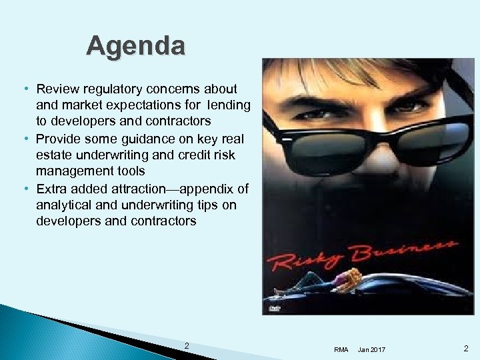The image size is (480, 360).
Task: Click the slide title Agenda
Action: tap(136, 46)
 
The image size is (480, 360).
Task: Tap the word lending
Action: tap(229, 105)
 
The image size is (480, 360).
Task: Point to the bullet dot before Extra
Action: tap(25, 188)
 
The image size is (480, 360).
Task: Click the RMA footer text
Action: tap(341, 349)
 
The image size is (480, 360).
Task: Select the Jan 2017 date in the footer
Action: tap(371, 349)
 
